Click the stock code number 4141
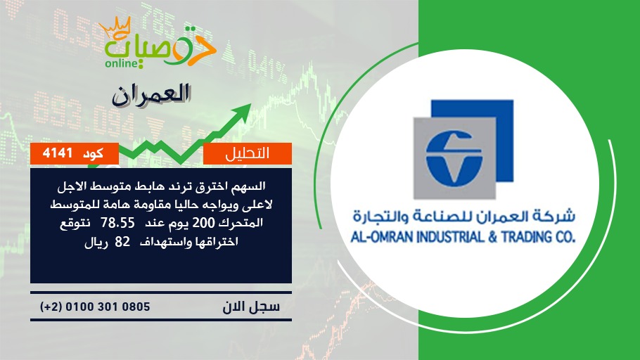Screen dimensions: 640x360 click(x=58, y=153)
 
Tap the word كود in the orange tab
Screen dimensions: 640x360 click(x=93, y=153)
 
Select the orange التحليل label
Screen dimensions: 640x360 click(x=248, y=153)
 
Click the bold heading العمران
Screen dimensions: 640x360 click(x=151, y=96)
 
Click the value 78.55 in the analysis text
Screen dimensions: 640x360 click(x=117, y=223)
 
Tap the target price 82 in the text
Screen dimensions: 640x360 click(x=122, y=242)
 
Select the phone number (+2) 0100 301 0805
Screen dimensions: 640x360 click(x=95, y=307)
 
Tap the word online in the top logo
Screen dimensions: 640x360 click(x=121, y=63)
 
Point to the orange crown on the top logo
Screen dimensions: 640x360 click(x=115, y=27)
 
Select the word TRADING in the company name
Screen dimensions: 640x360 click(x=526, y=237)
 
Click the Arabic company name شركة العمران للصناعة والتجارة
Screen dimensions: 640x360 click(x=463, y=217)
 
